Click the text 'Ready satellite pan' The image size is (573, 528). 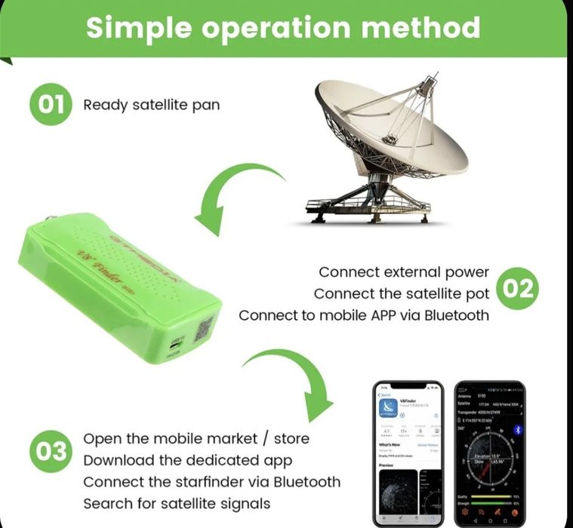pos(151,105)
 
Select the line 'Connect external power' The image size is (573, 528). pos(404,272)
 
